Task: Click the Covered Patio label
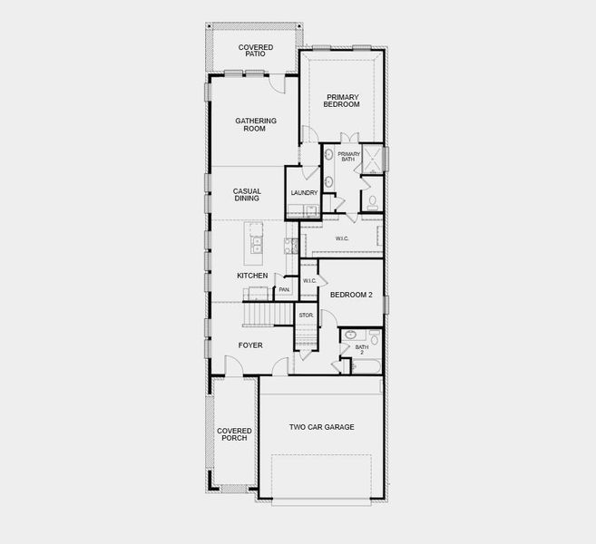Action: pos(256,51)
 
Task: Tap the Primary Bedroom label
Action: pos(342,101)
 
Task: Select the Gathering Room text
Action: pos(256,124)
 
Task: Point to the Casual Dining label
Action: pos(247,195)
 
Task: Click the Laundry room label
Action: pos(304,193)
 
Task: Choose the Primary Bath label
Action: pos(348,157)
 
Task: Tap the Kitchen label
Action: pos(252,275)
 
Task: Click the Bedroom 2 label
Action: pos(351,295)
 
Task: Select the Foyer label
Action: pos(250,345)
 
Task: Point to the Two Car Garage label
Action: pos(321,427)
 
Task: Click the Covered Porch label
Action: pos(233,434)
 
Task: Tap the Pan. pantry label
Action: pos(284,290)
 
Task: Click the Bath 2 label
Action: pos(361,348)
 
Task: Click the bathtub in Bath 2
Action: pos(362,365)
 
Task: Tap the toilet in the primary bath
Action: pos(372,200)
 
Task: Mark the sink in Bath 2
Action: pos(350,335)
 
